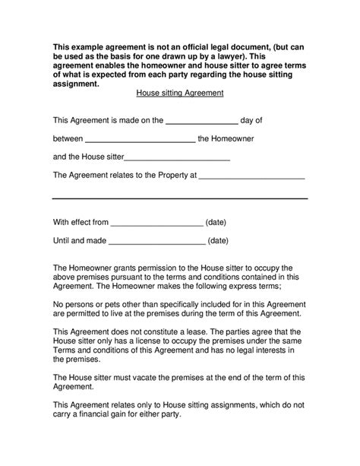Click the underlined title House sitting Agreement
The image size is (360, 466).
(x=179, y=94)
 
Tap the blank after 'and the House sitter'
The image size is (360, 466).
(x=176, y=160)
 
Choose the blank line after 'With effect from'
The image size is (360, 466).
(x=157, y=226)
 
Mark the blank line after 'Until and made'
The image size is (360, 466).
(x=157, y=244)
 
